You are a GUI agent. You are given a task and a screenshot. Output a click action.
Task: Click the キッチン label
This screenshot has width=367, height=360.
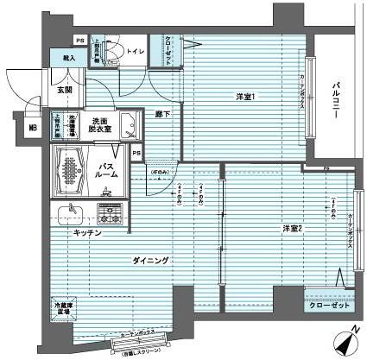87,233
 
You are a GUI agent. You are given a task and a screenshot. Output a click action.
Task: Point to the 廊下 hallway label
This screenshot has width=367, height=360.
161,113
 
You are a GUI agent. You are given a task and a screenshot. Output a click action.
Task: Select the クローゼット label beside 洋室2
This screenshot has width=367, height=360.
328,306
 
